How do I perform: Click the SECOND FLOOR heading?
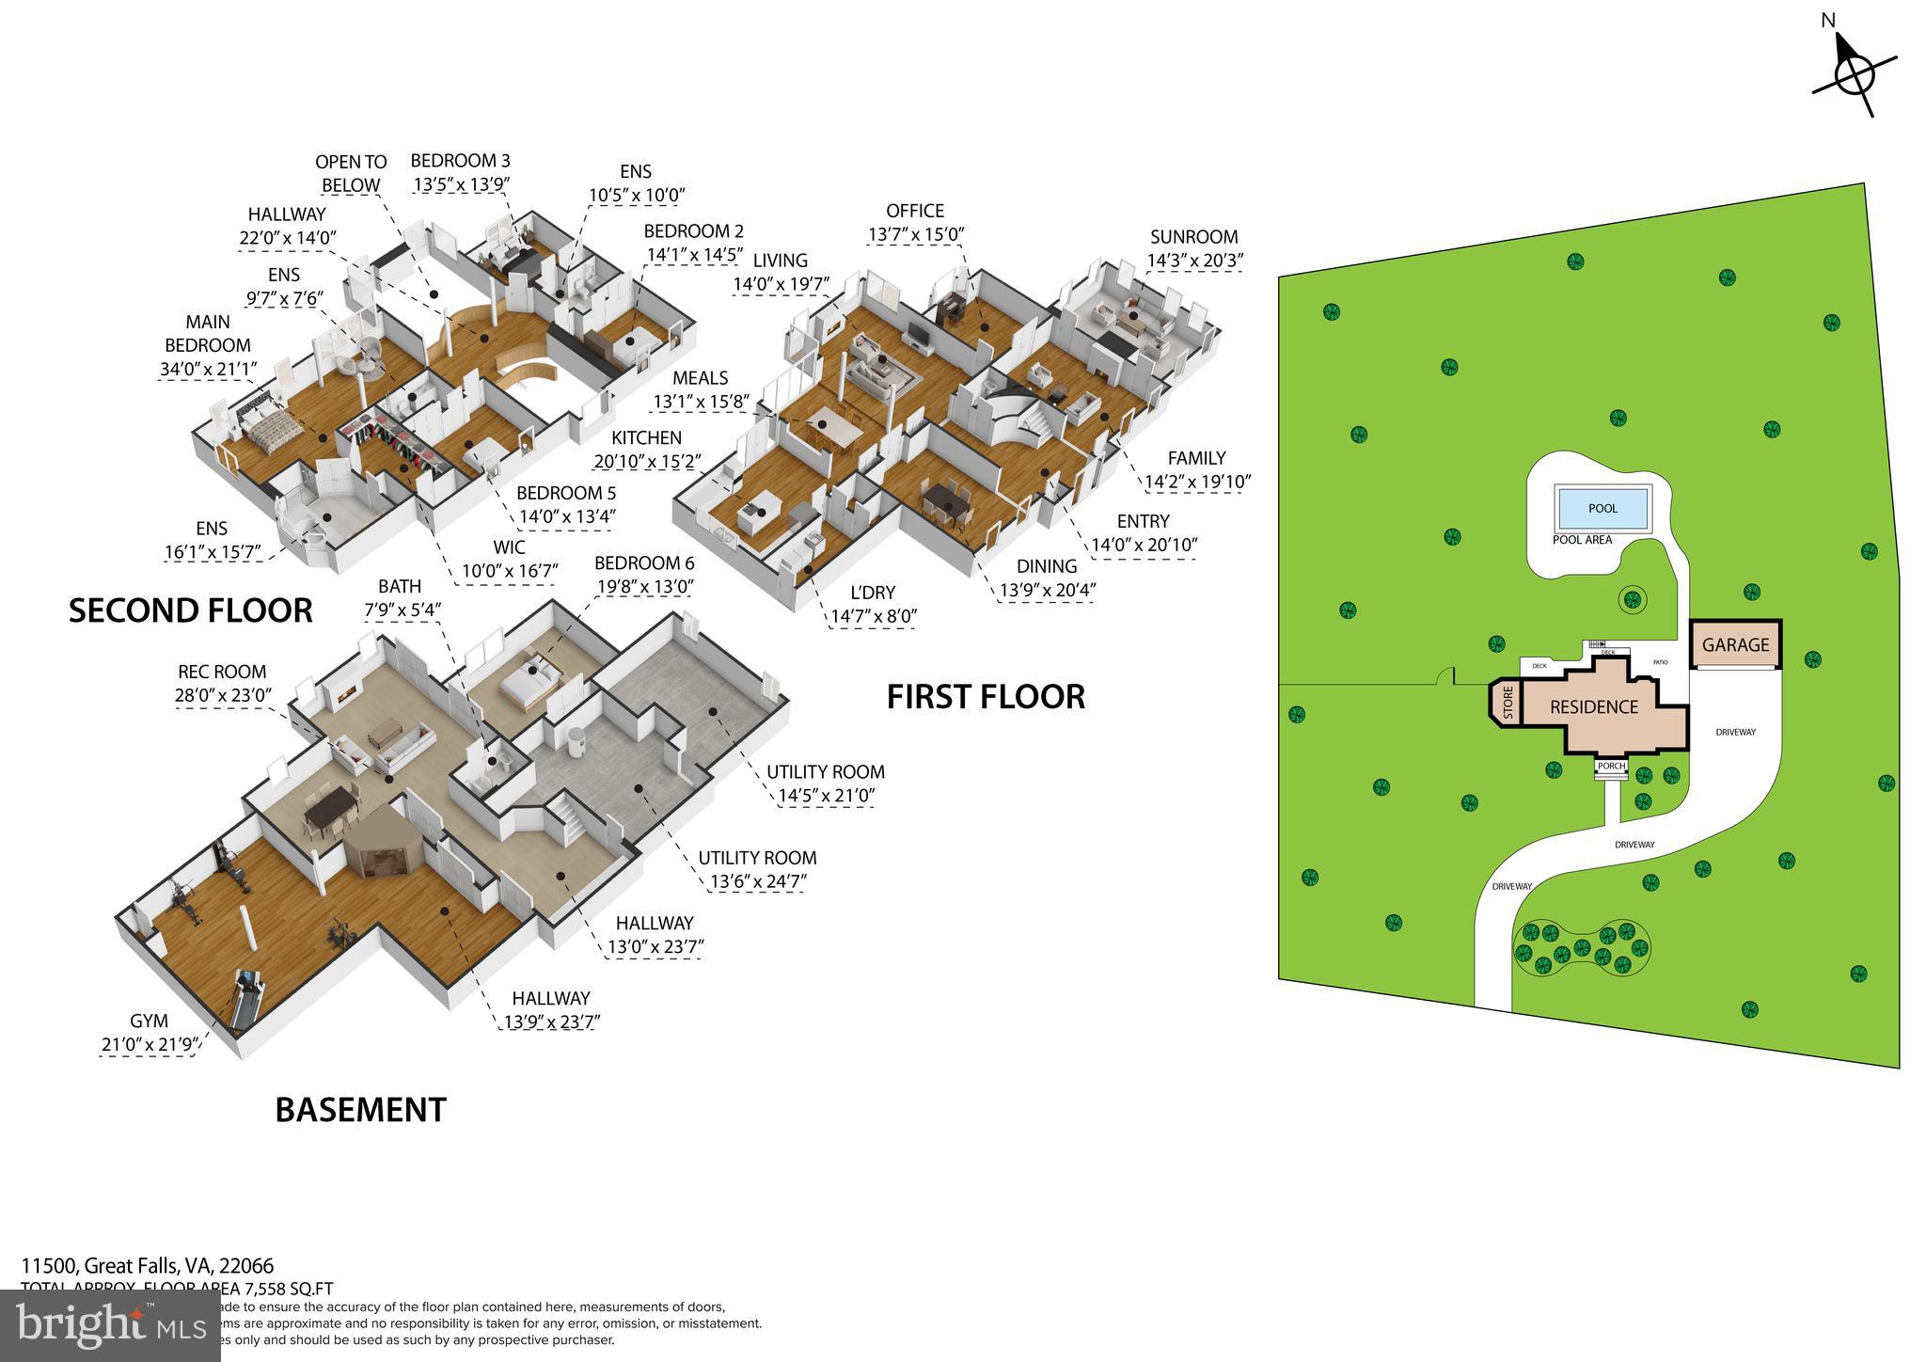tap(190, 610)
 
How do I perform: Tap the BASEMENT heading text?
tap(360, 1110)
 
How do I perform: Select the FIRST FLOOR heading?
tap(986, 697)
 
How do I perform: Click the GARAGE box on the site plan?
tap(1735, 645)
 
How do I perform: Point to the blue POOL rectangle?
tap(1602, 509)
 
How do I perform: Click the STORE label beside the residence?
tap(1508, 704)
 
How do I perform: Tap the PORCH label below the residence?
tap(1611, 766)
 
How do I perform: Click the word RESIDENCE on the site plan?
tap(1594, 707)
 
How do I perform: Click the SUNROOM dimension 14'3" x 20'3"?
tap(1193, 261)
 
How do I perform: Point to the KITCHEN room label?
tap(646, 438)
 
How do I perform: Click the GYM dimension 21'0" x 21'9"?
tap(149, 1044)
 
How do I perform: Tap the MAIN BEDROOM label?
tap(207, 334)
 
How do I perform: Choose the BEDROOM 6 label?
tap(644, 563)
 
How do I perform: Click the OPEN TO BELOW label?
tap(350, 174)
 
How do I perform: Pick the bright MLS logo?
tap(110, 1326)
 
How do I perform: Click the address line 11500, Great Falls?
tap(148, 1266)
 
